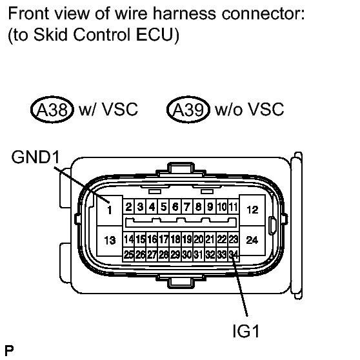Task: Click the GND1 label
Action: point(35,157)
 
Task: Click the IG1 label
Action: point(246,331)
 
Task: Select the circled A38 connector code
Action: point(52,110)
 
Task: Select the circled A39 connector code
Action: point(188,110)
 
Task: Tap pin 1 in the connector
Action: point(110,210)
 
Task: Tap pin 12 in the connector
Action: point(252,210)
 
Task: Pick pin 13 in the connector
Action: point(110,241)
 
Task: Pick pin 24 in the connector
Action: point(252,240)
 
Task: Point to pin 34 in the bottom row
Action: point(234,254)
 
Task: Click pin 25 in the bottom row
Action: point(129,254)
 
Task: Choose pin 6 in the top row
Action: point(175,207)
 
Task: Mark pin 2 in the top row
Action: point(129,207)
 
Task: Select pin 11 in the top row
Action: point(234,207)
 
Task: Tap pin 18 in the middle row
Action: point(175,239)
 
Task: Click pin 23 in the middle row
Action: point(234,239)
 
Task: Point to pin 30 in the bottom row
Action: point(187,254)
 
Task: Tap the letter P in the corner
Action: point(9,351)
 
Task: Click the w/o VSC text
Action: point(250,109)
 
